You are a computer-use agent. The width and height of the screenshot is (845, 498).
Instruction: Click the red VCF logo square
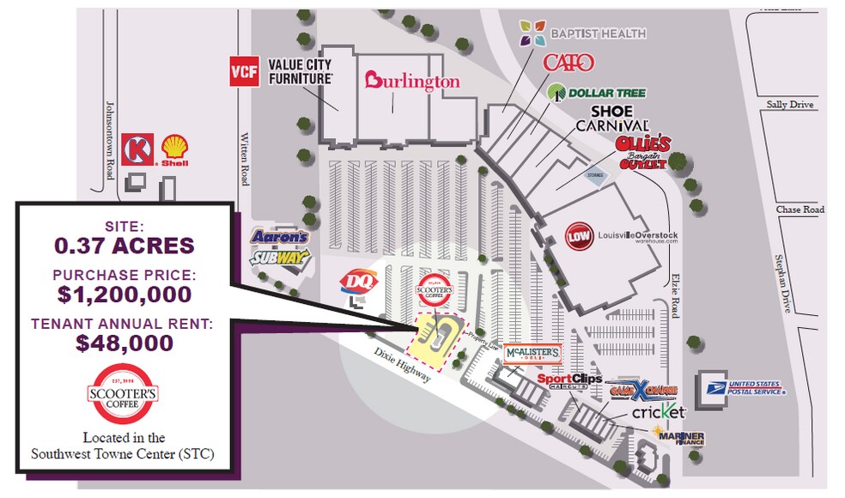244,72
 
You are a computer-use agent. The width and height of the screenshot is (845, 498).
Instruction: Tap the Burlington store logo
412,82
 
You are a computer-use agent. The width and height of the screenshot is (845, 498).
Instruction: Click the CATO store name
568,63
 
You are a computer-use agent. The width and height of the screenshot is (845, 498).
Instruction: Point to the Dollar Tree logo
596,92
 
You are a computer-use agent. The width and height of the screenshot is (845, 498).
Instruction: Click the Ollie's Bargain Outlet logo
641,153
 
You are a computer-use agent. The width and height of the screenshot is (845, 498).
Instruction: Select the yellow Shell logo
175,149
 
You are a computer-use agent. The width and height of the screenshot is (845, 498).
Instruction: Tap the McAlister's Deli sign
532,353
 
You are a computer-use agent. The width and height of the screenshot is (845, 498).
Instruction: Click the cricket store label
659,413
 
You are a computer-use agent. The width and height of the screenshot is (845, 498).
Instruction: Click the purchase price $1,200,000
125,295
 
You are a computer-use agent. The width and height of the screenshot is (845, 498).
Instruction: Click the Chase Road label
799,210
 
